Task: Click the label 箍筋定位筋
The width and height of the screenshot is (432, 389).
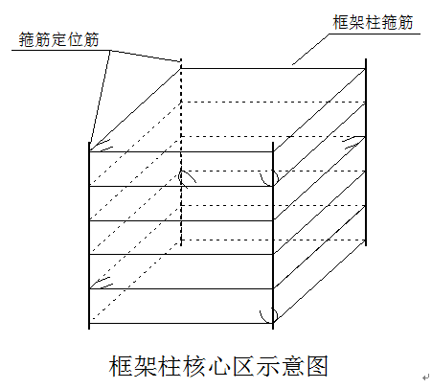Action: click(58, 40)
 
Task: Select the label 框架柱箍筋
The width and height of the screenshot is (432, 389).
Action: click(373, 22)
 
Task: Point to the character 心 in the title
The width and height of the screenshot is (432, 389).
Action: click(219, 366)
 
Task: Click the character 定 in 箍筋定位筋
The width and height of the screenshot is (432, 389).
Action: click(58, 40)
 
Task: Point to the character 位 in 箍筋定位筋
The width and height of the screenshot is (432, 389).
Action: click(75, 40)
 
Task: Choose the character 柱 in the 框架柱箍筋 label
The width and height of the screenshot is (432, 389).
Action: click(373, 22)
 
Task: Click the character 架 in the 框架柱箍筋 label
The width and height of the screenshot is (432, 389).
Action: click(356, 22)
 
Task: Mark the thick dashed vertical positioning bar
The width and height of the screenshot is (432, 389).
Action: click(181, 152)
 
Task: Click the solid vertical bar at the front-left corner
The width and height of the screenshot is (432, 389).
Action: click(89, 236)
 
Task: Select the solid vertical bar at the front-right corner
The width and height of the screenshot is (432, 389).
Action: click(273, 236)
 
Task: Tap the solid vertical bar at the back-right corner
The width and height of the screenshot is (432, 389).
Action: click(366, 152)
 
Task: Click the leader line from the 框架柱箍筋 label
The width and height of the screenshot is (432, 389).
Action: click(310, 49)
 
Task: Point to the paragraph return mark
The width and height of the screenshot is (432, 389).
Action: click(425, 378)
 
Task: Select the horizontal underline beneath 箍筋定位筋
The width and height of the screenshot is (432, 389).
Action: click(61, 50)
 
